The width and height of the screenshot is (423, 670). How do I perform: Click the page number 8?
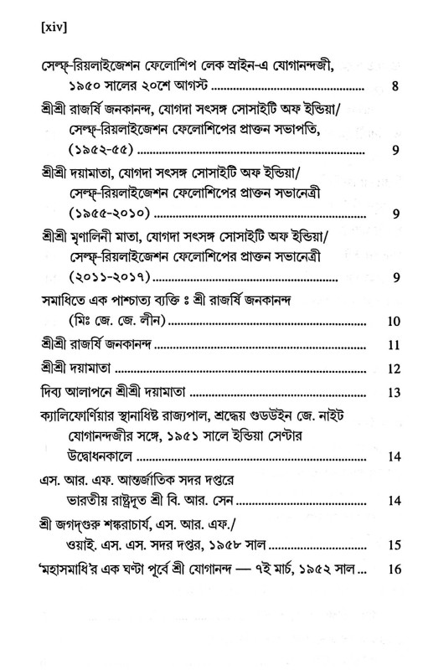pos(395,85)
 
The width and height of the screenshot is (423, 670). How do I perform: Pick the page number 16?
pos(395,569)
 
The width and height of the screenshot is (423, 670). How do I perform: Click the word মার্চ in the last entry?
pos(288,569)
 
